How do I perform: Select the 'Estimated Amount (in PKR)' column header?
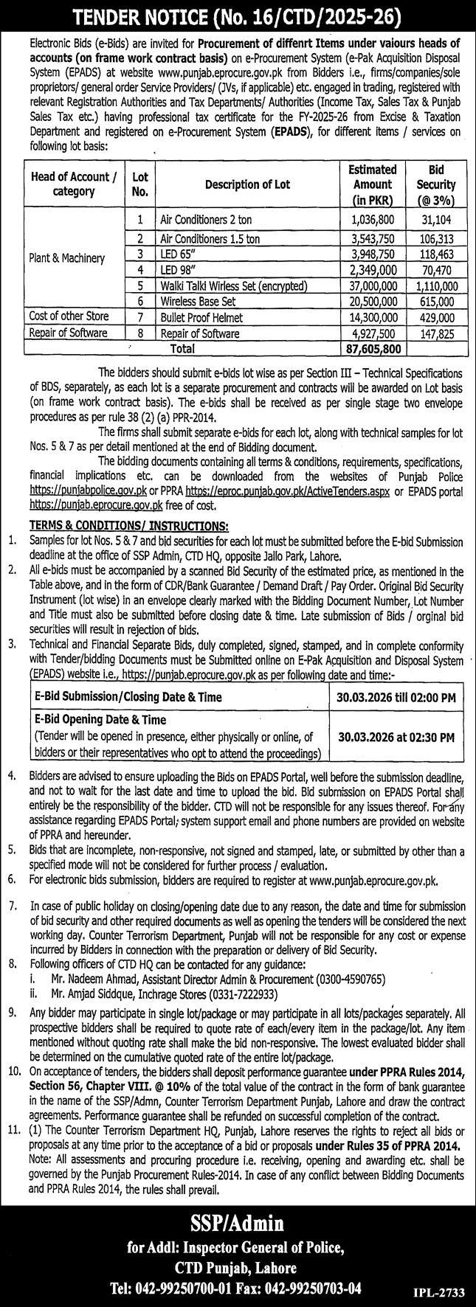[372, 184]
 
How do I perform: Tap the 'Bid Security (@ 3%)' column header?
[435, 184]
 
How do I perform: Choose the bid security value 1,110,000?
[436, 285]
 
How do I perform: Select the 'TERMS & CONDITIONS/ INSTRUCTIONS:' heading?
[128, 524]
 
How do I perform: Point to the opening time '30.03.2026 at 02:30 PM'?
[396, 735]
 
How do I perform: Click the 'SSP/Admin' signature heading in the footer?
[238, 1224]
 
